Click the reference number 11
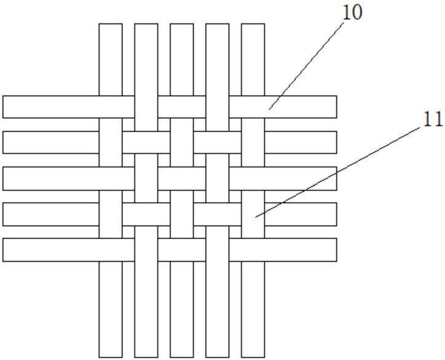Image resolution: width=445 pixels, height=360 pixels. pyautogui.click(x=432, y=119)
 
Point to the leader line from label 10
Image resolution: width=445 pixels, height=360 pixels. pyautogui.click(x=307, y=62)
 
